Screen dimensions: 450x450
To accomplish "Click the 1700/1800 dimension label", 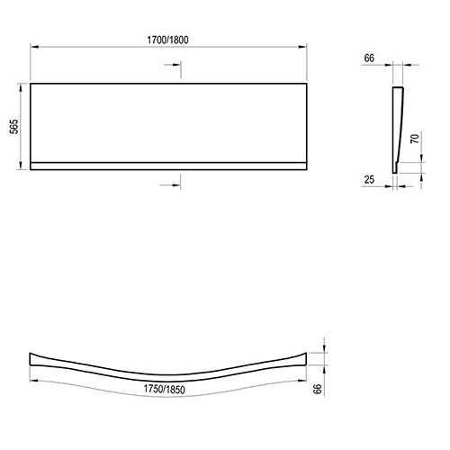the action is pos(167,40).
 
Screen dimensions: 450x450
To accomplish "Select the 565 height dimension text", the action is pos(13,127).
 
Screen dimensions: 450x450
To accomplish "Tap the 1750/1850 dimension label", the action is pos(164,390).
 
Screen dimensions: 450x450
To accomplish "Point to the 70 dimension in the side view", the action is pos(415,139).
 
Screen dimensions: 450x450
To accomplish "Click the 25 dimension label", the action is pos(369,179).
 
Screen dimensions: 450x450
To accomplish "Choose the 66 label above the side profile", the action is pos(369,58).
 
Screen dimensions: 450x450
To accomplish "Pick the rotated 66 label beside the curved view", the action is pos(318,389).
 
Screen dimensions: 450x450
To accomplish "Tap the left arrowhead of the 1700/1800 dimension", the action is pos(34,47).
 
